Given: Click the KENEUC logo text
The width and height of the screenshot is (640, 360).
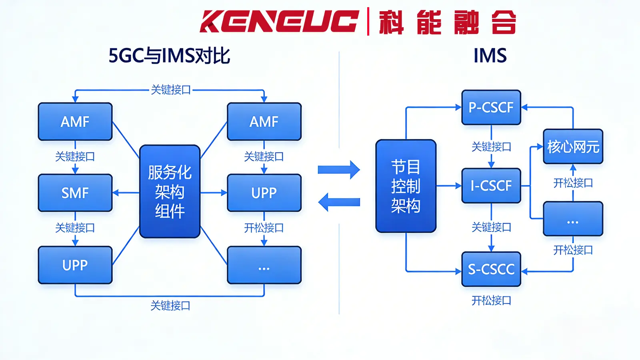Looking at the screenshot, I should point(279,21).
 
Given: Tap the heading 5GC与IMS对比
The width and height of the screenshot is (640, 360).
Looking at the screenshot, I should point(169,56).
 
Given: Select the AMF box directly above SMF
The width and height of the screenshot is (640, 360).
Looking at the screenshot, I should point(75,122).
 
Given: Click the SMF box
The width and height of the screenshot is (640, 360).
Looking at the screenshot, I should point(75,193).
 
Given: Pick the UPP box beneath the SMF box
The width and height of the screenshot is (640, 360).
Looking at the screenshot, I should point(75,265).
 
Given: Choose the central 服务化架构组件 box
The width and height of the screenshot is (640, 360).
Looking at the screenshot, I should point(170,192).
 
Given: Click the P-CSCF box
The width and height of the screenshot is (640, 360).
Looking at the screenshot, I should point(491,107).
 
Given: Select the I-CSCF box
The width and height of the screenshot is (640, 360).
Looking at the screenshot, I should point(491,186).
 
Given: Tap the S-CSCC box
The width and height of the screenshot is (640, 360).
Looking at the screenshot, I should point(491,269).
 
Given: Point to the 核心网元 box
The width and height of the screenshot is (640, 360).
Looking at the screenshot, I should point(573,146).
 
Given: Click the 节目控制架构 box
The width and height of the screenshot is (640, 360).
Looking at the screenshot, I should point(406,186).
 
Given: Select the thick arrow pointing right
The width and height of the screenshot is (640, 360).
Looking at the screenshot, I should point(339,170).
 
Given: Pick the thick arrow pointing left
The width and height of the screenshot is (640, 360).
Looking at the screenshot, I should point(339,202).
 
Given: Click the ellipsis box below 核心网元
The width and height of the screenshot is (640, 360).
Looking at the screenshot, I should point(573,219).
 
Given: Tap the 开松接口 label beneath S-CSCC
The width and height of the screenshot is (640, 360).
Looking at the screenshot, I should point(491,301).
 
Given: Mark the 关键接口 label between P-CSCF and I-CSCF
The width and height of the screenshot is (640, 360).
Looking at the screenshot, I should point(491,147).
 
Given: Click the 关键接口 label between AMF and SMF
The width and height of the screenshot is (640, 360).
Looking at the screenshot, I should point(75,156).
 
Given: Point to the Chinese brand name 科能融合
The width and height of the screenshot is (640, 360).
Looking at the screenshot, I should point(448,22).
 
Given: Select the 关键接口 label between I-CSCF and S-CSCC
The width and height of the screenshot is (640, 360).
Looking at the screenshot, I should point(491,227).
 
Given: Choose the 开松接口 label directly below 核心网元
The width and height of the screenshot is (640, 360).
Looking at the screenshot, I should point(573,183).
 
